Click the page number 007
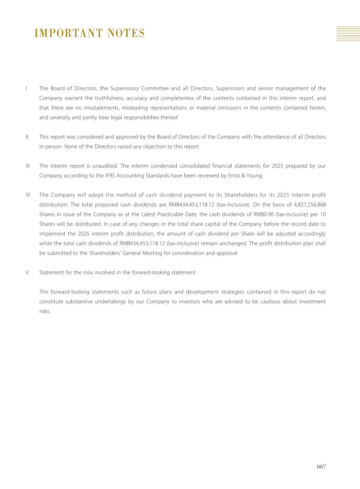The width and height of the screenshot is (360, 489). pyautogui.click(x=321, y=467)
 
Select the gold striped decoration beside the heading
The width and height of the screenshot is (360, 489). pyautogui.click(x=348, y=34)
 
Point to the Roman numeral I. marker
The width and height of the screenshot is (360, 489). pyautogui.click(x=27, y=88)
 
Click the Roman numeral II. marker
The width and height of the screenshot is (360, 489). pyautogui.click(x=28, y=137)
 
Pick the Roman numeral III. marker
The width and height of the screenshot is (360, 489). pyautogui.click(x=28, y=166)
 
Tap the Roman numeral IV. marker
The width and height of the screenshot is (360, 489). pyautogui.click(x=28, y=195)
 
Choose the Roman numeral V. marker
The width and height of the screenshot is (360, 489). pyautogui.click(x=28, y=273)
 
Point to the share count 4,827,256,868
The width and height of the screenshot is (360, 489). pyautogui.click(x=310, y=205)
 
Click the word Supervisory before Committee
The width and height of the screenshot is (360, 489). pyautogui.click(x=124, y=88)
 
